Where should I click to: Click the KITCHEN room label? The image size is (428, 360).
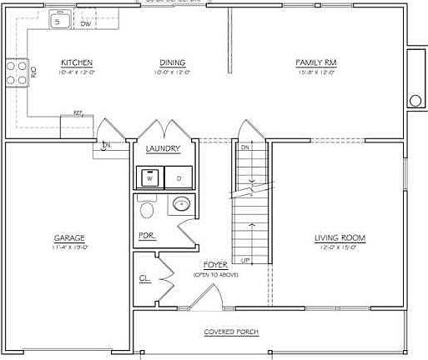click(76, 62)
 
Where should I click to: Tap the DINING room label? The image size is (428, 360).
click(169, 62)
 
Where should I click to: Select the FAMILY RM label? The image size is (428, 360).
click(315, 62)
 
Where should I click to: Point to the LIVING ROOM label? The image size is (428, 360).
click(340, 238)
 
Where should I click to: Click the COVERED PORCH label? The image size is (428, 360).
click(231, 332)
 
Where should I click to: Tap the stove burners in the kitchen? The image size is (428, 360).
click(16, 72)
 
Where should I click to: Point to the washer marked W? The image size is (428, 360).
click(150, 177)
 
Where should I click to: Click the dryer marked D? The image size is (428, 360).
click(177, 177)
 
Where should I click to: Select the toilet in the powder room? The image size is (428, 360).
click(148, 208)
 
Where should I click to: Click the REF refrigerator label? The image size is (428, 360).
click(78, 112)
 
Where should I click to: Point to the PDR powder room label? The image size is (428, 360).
click(145, 236)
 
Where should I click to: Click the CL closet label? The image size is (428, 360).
click(144, 279)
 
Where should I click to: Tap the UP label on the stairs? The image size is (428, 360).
click(245, 261)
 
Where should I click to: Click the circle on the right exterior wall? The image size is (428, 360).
click(415, 101)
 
